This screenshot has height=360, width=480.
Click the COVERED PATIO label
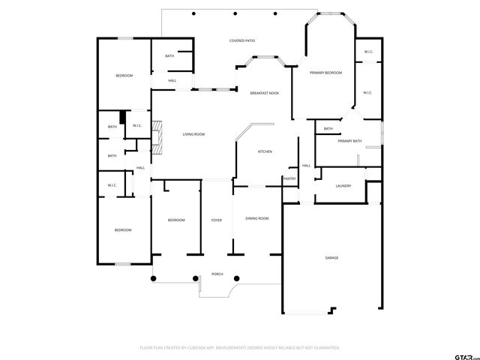click(242, 40)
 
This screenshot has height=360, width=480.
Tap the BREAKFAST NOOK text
click(264, 92)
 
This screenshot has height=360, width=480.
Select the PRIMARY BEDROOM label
click(326, 73)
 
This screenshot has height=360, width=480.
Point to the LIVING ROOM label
click(193, 134)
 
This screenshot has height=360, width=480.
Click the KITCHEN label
click(265, 152)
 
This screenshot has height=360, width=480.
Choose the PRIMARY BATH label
click(349, 141)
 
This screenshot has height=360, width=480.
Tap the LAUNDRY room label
click(343, 185)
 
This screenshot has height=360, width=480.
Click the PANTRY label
click(289, 178)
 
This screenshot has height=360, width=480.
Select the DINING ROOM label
click(257, 218)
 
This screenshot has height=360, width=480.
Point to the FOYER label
click(216, 220)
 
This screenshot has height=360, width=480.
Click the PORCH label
click(217, 274)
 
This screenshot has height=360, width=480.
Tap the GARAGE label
click(331, 258)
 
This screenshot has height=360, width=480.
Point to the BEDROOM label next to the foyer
click(176, 220)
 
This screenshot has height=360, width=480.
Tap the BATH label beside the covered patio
click(169, 56)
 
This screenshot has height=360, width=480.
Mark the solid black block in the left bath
click(122, 118)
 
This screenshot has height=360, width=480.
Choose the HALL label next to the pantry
click(306, 166)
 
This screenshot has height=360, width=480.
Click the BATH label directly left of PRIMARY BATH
click(328, 129)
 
